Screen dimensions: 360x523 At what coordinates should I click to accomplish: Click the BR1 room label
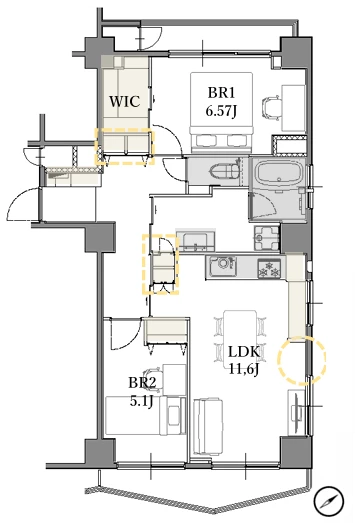point(221,93)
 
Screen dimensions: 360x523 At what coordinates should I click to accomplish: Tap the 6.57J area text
point(221,111)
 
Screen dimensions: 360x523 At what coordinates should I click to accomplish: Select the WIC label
point(125,101)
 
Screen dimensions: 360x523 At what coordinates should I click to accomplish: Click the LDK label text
point(244,352)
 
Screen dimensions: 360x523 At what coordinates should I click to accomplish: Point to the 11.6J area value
point(244,369)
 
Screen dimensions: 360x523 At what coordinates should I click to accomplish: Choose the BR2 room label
point(142,383)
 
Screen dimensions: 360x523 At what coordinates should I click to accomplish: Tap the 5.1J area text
point(141,401)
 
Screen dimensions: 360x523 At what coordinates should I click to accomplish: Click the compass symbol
point(328,501)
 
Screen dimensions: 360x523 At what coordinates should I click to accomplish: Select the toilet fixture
point(225,171)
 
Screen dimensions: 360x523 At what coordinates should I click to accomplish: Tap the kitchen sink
point(222,265)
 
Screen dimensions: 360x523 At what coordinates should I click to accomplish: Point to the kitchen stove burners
point(270,269)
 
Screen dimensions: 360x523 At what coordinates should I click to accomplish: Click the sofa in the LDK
point(208,426)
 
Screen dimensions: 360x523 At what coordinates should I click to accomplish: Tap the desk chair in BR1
point(271,107)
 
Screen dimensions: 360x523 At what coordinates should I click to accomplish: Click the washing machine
point(267,238)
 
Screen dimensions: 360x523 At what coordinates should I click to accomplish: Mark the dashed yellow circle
point(302,360)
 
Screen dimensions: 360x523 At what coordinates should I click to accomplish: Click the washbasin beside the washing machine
point(196,241)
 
